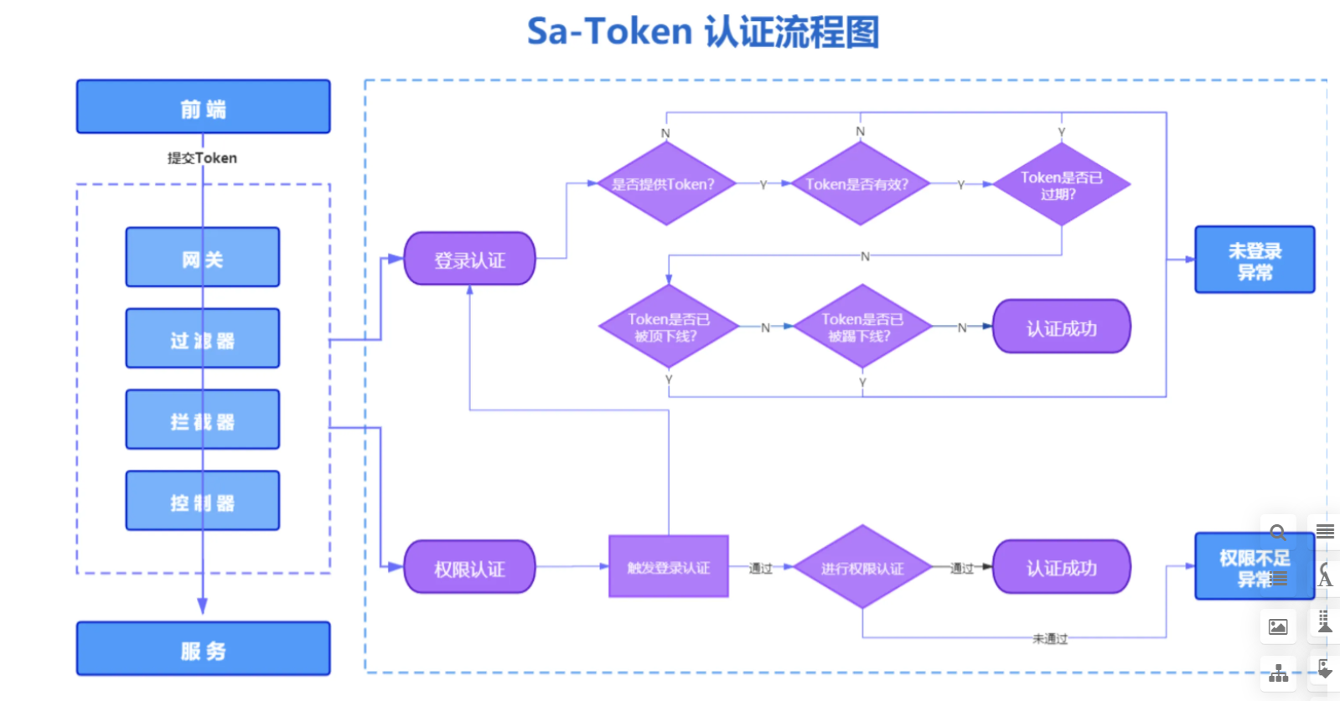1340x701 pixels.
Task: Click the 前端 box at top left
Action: coord(203,107)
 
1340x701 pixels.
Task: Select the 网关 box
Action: coord(203,258)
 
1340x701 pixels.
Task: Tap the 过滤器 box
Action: coord(203,339)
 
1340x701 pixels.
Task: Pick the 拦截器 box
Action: coord(203,420)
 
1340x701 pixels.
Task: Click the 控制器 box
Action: coord(203,502)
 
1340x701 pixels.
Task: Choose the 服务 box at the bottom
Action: coord(203,649)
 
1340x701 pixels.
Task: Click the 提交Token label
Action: coord(202,158)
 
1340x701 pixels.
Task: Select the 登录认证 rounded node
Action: coord(469,260)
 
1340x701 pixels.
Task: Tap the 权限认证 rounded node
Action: coord(469,569)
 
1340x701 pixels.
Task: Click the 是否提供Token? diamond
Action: coord(665,184)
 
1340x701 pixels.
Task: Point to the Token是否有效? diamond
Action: coord(858,184)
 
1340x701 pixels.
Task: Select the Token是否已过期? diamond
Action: coord(1061,185)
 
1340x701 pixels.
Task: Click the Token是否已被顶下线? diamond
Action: coord(668,327)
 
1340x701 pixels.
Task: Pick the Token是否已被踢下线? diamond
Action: coord(861,327)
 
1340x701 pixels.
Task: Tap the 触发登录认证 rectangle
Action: coord(668,567)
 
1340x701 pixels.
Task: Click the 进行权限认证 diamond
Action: coord(861,568)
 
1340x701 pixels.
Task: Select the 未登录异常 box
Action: coord(1254,260)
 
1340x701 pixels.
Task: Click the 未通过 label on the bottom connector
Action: coord(1049,639)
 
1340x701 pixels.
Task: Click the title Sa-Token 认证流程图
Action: coord(702,32)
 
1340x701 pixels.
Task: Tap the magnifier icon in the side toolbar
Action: coord(1277,532)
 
